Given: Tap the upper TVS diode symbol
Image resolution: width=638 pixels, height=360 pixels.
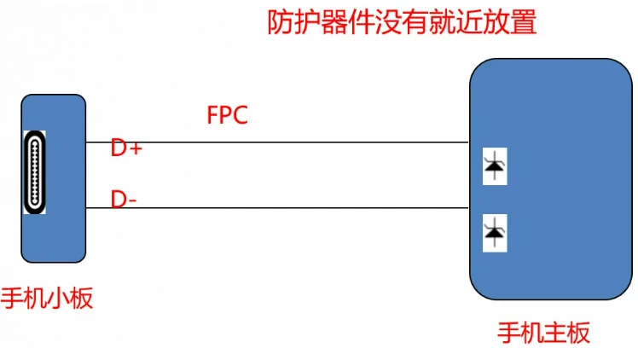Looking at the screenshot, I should (x=494, y=167).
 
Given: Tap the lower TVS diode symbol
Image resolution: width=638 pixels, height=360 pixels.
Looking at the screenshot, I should (x=494, y=231).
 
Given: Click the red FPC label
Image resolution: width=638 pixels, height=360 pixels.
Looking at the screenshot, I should (x=227, y=115).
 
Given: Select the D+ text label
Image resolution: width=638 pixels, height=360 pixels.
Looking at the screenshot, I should (x=126, y=148).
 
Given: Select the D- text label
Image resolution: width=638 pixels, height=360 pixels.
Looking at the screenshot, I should (x=124, y=200).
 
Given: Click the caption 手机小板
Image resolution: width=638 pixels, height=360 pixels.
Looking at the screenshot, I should (x=47, y=299).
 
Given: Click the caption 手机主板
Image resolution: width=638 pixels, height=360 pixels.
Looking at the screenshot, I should (x=544, y=332).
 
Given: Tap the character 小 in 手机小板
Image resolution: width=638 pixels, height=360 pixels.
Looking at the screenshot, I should (x=58, y=299).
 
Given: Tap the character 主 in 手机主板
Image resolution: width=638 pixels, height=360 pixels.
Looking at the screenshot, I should (x=555, y=332).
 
